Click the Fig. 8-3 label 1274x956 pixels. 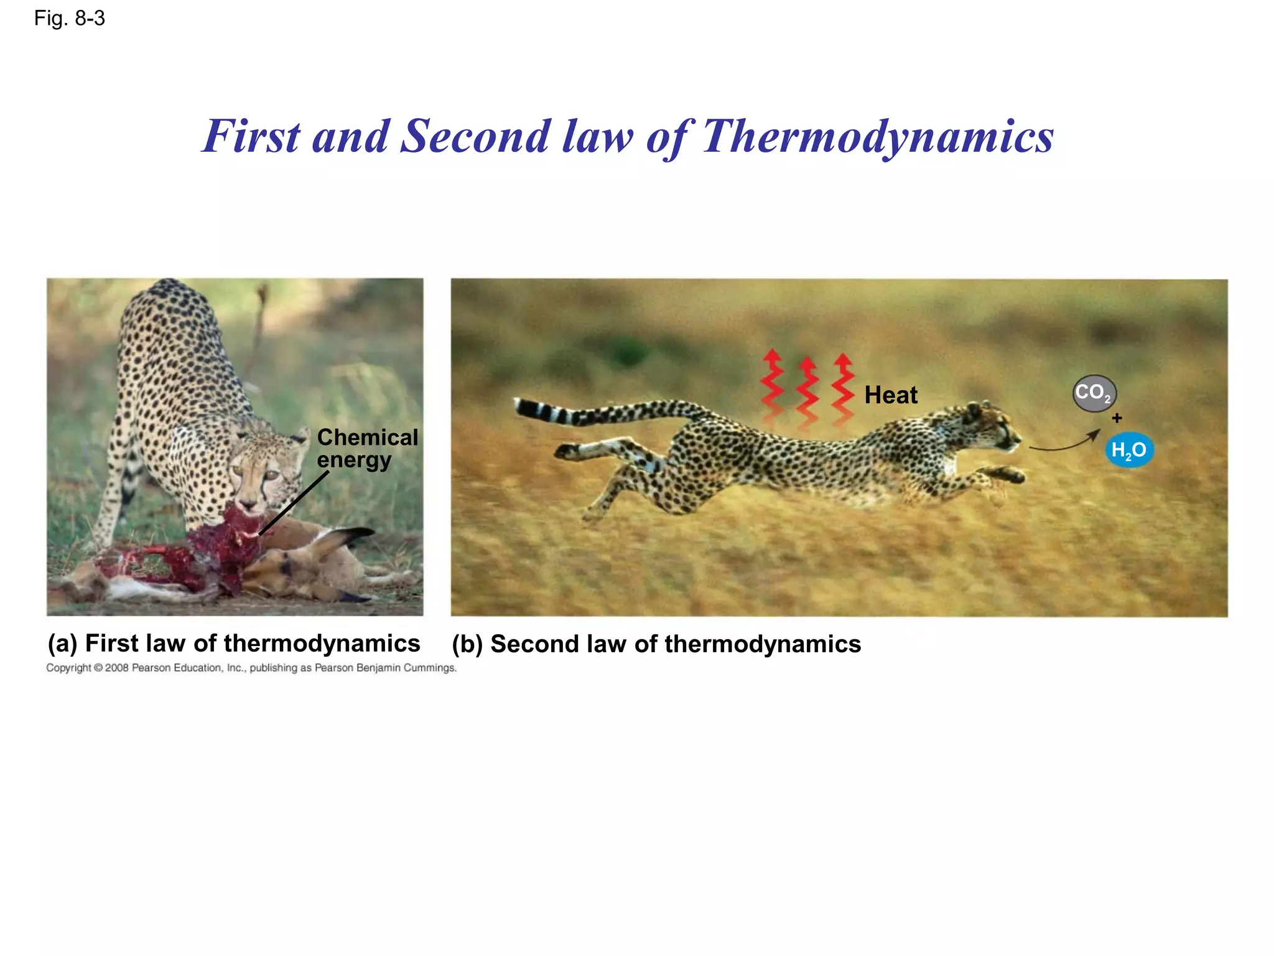pyautogui.click(x=69, y=19)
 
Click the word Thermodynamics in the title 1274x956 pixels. pyautogui.click(x=877, y=137)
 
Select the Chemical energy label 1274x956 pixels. pyautogui.click(x=366, y=449)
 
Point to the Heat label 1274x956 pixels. pyautogui.click(x=890, y=395)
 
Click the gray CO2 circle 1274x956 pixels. pyautogui.click(x=1094, y=393)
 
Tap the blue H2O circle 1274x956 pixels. pyautogui.click(x=1128, y=450)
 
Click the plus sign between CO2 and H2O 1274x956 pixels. pyautogui.click(x=1117, y=418)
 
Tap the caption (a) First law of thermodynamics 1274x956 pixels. pyautogui.click(x=234, y=644)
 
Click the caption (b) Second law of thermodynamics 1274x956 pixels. pyautogui.click(x=656, y=644)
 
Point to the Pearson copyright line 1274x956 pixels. pyautogui.click(x=251, y=668)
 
